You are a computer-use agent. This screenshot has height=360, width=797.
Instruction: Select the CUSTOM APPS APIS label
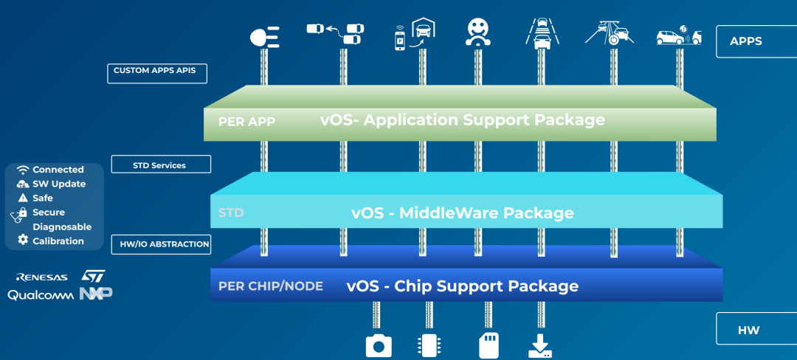(157, 73)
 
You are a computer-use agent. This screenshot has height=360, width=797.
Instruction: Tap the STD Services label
(161, 164)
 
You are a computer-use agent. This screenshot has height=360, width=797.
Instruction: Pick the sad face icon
(478, 32)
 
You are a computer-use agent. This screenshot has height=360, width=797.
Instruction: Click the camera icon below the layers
(379, 346)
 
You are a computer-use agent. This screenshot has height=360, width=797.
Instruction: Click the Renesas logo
(42, 277)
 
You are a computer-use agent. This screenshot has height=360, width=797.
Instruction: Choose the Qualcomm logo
(41, 295)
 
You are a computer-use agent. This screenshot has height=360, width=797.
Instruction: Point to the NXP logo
(95, 294)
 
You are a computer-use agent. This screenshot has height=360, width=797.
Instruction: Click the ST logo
(93, 275)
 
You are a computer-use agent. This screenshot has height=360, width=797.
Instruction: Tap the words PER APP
(246, 122)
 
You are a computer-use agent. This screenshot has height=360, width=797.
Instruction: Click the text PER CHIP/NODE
(271, 286)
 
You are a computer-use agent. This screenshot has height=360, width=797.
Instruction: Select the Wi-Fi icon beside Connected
(23, 170)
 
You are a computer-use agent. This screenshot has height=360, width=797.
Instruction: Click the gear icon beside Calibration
(23, 240)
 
